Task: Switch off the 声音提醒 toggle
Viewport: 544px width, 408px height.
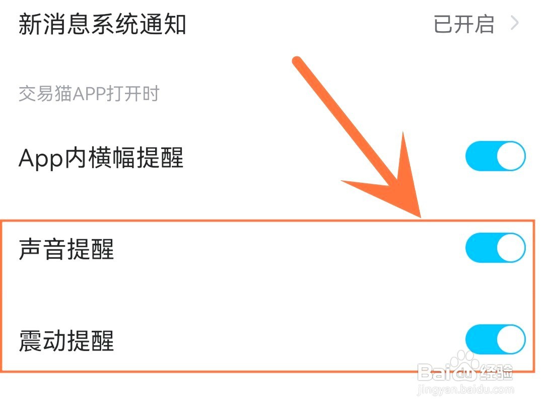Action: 495,248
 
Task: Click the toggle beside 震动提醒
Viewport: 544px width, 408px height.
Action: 495,340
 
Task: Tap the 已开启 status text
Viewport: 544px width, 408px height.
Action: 464,24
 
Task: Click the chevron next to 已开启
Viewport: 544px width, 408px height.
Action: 514,24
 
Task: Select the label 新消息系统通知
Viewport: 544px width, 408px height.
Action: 102,24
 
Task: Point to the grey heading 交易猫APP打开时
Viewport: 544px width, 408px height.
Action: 89,94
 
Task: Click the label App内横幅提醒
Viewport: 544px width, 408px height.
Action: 101,158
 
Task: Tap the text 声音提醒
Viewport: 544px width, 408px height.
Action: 66,249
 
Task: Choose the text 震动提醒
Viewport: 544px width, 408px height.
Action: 66,341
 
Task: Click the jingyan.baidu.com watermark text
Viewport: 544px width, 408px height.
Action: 466,390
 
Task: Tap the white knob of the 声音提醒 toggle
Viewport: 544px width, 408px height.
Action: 511,248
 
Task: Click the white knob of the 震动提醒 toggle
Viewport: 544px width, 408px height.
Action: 511,340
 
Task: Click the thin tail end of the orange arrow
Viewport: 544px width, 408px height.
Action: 298,62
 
